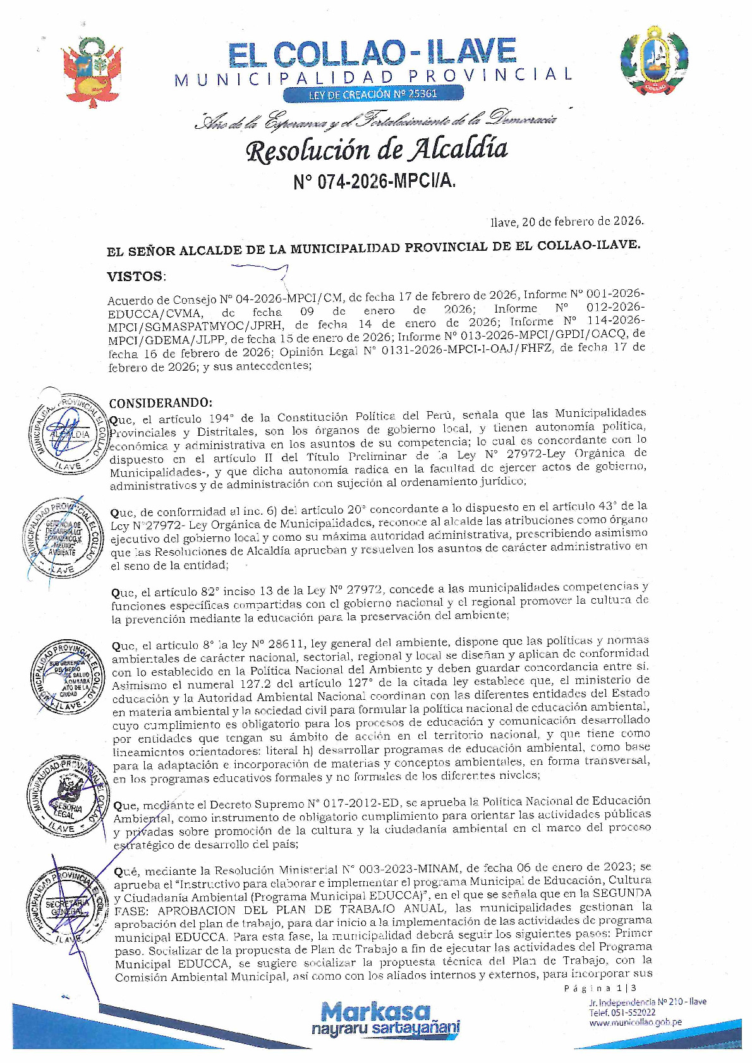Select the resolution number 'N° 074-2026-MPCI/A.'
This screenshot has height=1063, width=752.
click(x=374, y=182)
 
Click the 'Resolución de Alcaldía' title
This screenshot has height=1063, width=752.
click(x=377, y=150)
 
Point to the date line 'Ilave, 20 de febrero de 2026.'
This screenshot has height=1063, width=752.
click(x=567, y=221)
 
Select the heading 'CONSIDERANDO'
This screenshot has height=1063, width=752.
click(x=160, y=403)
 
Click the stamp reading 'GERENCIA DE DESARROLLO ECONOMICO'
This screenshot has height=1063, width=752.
click(x=63, y=541)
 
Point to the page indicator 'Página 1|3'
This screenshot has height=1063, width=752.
click(x=600, y=988)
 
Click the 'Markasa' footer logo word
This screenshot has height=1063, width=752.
click(x=375, y=1012)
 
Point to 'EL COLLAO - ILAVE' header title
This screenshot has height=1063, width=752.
click(x=373, y=53)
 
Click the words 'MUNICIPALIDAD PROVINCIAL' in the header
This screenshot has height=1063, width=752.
click(x=373, y=77)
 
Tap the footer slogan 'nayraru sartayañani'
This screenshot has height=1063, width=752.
click(x=385, y=1029)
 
